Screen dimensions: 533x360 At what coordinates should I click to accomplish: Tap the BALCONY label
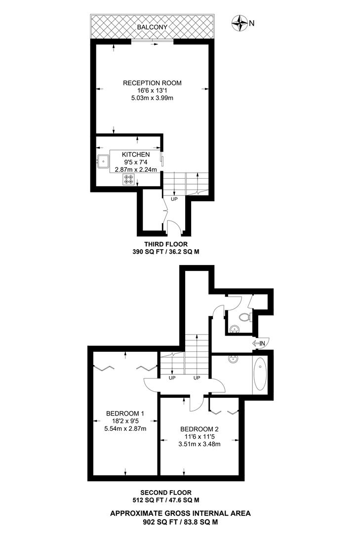click(x=152, y=27)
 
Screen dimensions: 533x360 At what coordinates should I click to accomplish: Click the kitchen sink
click(x=104, y=161)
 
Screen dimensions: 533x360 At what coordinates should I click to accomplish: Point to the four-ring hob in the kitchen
click(x=128, y=179)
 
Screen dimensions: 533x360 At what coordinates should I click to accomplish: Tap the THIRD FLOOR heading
click(x=166, y=244)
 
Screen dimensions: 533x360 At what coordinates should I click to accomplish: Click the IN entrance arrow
click(x=260, y=343)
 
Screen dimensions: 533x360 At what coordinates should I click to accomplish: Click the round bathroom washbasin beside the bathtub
click(x=233, y=360)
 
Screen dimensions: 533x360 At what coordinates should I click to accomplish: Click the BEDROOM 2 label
click(x=199, y=429)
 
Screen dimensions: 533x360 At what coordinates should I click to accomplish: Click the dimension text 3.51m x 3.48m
click(x=199, y=444)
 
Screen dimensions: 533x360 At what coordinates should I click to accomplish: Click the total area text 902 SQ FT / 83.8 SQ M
click(x=180, y=521)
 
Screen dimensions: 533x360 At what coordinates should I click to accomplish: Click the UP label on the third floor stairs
click(x=174, y=199)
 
